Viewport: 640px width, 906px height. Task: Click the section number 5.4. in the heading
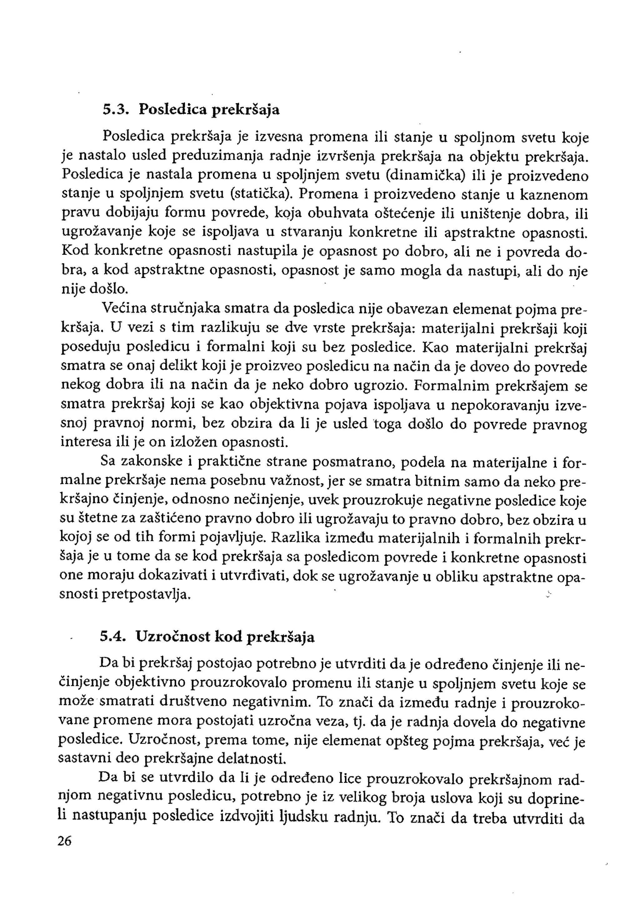coord(112,637)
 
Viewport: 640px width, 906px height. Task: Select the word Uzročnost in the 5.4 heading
coord(172,637)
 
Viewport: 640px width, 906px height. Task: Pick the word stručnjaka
coord(185,308)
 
